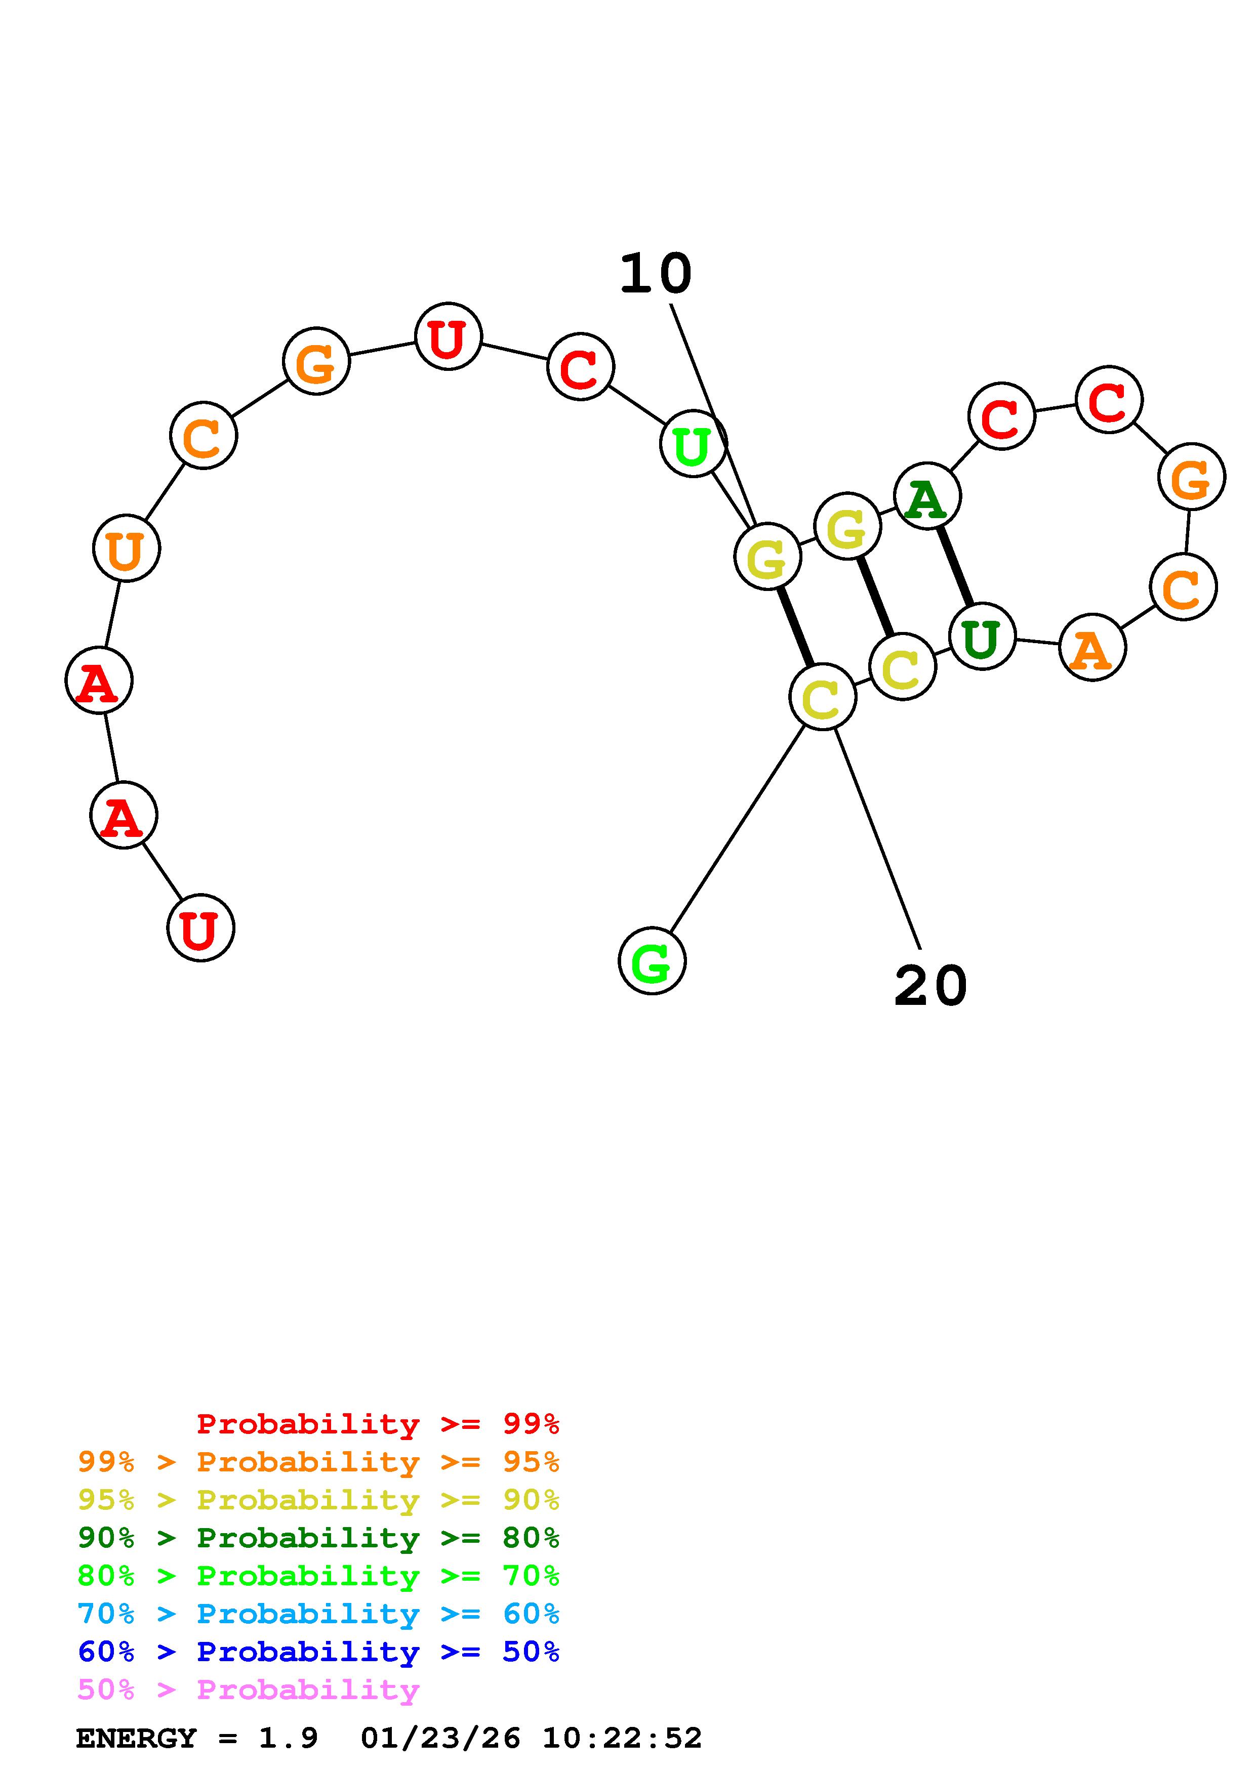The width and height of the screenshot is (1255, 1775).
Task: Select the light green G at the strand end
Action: click(652, 961)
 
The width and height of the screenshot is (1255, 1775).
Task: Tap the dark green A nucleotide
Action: click(926, 496)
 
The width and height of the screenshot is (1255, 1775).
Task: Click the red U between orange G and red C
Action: click(448, 336)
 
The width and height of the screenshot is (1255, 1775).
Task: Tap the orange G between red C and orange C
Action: click(1191, 477)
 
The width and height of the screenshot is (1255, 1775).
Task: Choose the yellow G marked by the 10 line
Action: click(767, 557)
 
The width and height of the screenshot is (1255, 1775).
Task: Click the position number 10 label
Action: click(656, 274)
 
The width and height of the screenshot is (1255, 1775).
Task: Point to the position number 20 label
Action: click(930, 987)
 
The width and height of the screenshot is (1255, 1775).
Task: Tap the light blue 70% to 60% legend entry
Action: click(318, 1614)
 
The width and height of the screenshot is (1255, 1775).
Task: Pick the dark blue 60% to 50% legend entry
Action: click(318, 1652)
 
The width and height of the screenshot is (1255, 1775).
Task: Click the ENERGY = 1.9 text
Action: click(197, 1739)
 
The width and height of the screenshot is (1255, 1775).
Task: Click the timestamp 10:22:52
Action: click(622, 1739)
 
